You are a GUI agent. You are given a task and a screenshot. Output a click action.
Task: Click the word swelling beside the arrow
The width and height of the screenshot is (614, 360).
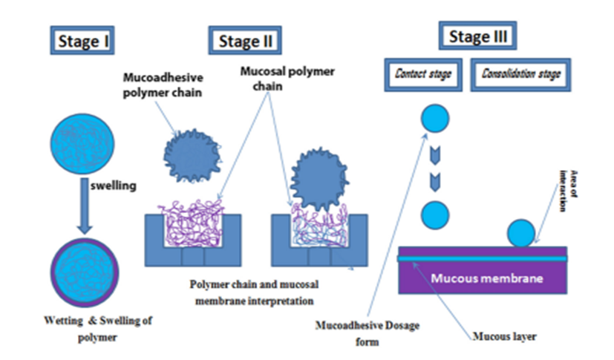[116, 186]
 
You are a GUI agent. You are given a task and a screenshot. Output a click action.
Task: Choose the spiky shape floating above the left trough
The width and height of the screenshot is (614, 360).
[194, 157]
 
